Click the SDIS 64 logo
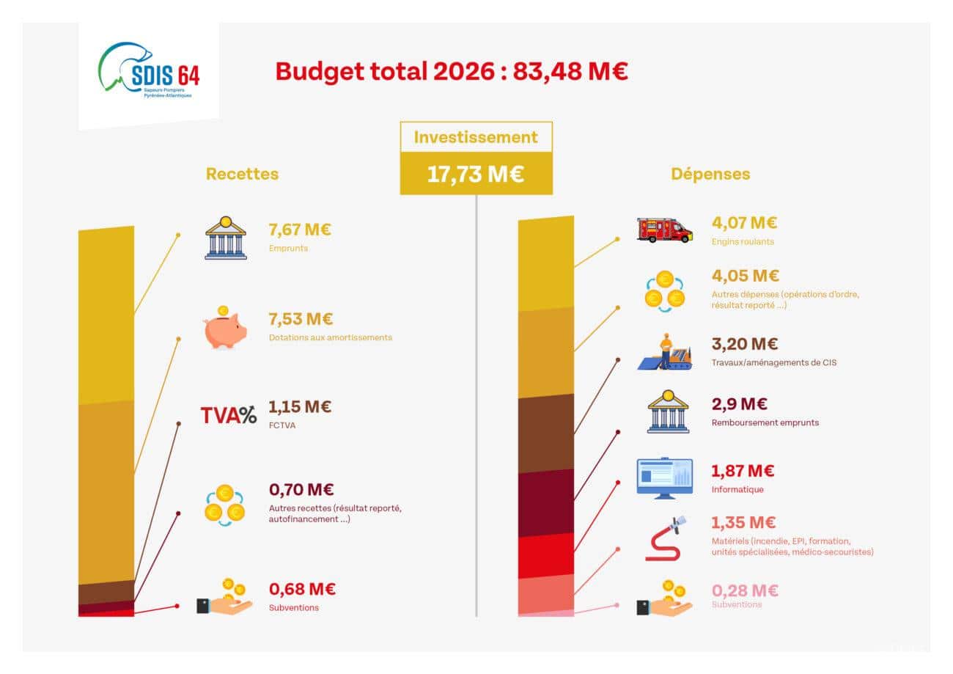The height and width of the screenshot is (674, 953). (x=149, y=71)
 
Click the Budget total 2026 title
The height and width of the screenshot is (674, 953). (x=451, y=71)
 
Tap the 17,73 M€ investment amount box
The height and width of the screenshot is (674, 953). (x=476, y=175)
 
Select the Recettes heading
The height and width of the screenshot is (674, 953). (x=242, y=174)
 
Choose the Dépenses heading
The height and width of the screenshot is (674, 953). (x=710, y=174)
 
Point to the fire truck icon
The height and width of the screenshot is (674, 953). (x=664, y=230)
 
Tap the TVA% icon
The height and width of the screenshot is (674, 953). (x=228, y=415)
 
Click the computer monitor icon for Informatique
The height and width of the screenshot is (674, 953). (x=664, y=478)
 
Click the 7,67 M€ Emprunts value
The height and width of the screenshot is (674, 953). (x=300, y=230)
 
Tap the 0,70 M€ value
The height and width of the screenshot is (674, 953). (x=301, y=489)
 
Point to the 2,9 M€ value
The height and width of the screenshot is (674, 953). (x=740, y=404)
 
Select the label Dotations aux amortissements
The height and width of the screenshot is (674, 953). (x=330, y=337)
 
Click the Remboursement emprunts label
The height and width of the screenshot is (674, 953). (x=765, y=422)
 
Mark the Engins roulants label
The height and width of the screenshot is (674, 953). (x=742, y=241)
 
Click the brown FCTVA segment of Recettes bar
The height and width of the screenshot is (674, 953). (x=106, y=591)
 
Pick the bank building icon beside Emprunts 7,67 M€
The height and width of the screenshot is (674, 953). (x=226, y=238)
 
